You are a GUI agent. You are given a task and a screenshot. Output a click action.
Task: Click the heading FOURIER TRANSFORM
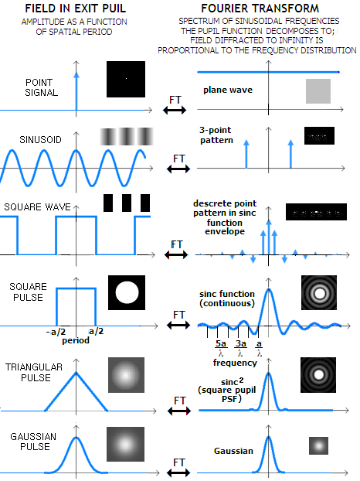tap(260, 9)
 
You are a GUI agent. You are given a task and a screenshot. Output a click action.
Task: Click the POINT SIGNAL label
tap(41, 87)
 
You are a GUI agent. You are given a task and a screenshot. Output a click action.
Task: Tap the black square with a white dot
tap(126, 79)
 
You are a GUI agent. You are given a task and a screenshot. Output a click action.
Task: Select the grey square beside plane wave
tap(318, 91)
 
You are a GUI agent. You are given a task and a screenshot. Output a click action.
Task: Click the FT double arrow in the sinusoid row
tap(178, 169)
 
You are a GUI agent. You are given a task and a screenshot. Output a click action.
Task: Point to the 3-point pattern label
tap(216, 135)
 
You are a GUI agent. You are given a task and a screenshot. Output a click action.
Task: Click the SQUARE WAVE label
tap(37, 207)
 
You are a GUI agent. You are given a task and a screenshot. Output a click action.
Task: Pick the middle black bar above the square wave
tap(127, 203)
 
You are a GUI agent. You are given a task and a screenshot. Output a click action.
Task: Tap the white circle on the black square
tap(127, 292)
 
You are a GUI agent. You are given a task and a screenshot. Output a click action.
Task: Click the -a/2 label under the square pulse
tap(56, 332)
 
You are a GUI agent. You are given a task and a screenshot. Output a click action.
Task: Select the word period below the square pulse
tap(76, 340)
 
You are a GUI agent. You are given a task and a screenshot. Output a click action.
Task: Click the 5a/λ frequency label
tap(221, 348)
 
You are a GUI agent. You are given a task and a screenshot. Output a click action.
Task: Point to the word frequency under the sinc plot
tap(235, 363)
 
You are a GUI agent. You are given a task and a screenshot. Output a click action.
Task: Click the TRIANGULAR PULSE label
tap(34, 373)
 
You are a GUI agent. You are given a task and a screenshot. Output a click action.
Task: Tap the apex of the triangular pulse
tap(76, 373)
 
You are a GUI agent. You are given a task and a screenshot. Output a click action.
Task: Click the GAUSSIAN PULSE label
tap(33, 442)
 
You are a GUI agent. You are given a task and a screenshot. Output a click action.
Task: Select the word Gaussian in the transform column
tap(233, 451)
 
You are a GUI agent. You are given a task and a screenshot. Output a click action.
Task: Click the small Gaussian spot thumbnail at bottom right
tap(318, 445)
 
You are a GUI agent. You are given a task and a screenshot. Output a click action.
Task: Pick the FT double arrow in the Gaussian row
tap(179, 472)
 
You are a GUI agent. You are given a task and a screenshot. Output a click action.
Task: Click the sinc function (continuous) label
tap(227, 298)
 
